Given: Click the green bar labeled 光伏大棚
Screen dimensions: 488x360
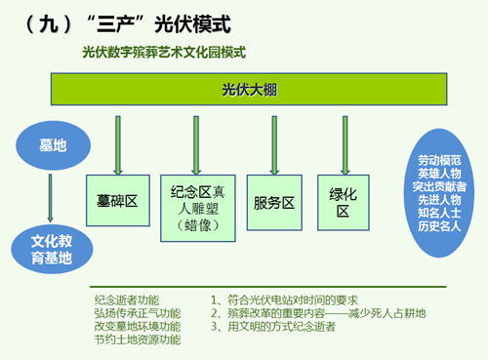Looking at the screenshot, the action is pyautogui.click(x=249, y=89).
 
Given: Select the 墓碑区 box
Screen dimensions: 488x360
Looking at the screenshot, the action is pyautogui.click(x=118, y=200).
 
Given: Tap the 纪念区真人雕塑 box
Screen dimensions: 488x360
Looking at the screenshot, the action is pyautogui.click(x=198, y=208).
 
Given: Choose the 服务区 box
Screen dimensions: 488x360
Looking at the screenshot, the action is pyautogui.click(x=274, y=203).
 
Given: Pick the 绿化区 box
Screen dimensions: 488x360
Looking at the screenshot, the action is pyautogui.click(x=344, y=203).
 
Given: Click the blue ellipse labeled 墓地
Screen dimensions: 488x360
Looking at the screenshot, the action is pyautogui.click(x=53, y=145).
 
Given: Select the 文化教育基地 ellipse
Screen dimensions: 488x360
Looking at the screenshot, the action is pyautogui.click(x=52, y=249).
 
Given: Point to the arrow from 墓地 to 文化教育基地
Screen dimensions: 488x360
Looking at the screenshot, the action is pyautogui.click(x=50, y=198).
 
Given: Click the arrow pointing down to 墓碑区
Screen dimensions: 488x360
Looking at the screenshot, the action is pyautogui.click(x=118, y=145).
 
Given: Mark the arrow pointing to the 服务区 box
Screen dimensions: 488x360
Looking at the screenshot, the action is pyautogui.click(x=274, y=145).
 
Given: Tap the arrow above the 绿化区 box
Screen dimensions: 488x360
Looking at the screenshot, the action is pyautogui.click(x=346, y=145).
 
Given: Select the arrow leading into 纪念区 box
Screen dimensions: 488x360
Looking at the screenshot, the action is pyautogui.click(x=196, y=145).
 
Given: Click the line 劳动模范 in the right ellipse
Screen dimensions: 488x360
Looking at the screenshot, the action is pyautogui.click(x=439, y=160).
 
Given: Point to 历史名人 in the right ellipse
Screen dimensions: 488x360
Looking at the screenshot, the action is pyautogui.click(x=439, y=226).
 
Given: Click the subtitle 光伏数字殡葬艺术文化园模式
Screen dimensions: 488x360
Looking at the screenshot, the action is pyautogui.click(x=164, y=53).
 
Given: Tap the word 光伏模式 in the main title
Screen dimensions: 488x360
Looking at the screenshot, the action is pyautogui.click(x=192, y=24).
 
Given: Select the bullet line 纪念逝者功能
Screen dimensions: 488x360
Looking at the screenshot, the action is pyautogui.click(x=127, y=300).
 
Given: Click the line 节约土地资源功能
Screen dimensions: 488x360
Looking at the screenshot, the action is pyautogui.click(x=138, y=340).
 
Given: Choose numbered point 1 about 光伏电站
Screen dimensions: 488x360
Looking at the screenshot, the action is pyautogui.click(x=284, y=300).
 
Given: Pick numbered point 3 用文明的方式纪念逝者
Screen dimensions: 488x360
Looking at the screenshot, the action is pyautogui.click(x=273, y=326).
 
